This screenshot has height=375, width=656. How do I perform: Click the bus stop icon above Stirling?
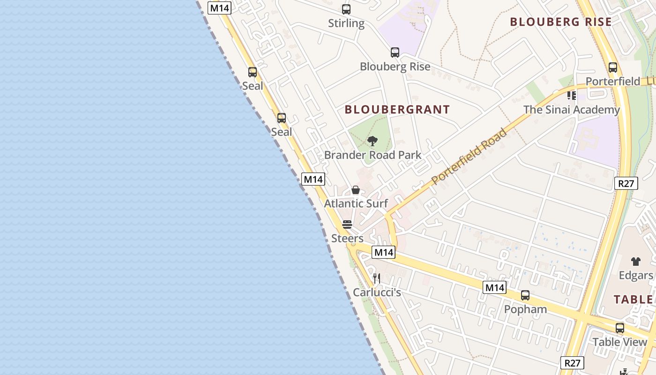(346, 9)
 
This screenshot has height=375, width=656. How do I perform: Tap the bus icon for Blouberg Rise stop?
(395, 52)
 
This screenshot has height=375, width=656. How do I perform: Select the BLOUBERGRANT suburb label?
(397, 110)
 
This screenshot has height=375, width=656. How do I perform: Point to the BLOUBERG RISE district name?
(561, 22)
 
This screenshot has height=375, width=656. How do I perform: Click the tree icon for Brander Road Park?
(373, 141)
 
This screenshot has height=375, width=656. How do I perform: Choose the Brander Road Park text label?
(373, 155)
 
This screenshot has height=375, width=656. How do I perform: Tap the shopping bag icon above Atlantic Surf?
(356, 190)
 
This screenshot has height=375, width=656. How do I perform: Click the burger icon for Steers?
(347, 225)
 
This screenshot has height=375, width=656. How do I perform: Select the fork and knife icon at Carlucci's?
(376, 278)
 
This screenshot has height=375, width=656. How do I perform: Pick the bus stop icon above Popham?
(525, 295)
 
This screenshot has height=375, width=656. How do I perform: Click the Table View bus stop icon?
(620, 328)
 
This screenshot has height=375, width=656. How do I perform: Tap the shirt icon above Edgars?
(635, 262)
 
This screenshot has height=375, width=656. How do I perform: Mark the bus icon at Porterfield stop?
(612, 67)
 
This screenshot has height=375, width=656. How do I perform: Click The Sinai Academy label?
(571, 110)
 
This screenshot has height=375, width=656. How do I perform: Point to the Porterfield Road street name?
(469, 156)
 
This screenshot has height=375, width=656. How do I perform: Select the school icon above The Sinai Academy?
(571, 96)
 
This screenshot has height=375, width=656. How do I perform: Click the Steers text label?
(347, 238)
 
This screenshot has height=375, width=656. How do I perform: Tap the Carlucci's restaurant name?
(377, 292)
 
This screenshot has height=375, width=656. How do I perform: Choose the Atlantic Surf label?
(356, 203)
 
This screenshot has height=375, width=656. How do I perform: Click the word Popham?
(525, 309)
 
